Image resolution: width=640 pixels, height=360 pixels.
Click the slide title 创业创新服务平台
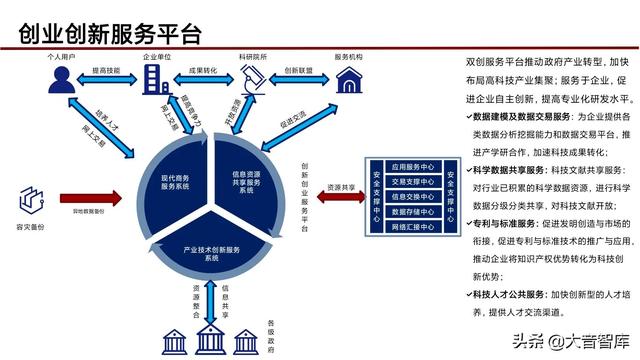[x=110, y=34]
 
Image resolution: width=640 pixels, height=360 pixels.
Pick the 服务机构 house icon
[x=348, y=81]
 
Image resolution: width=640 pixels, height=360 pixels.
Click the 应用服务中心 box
[x=410, y=166]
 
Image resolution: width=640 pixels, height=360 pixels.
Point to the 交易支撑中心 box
[x=410, y=182]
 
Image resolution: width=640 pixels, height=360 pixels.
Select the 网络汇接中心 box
[x=410, y=227]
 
